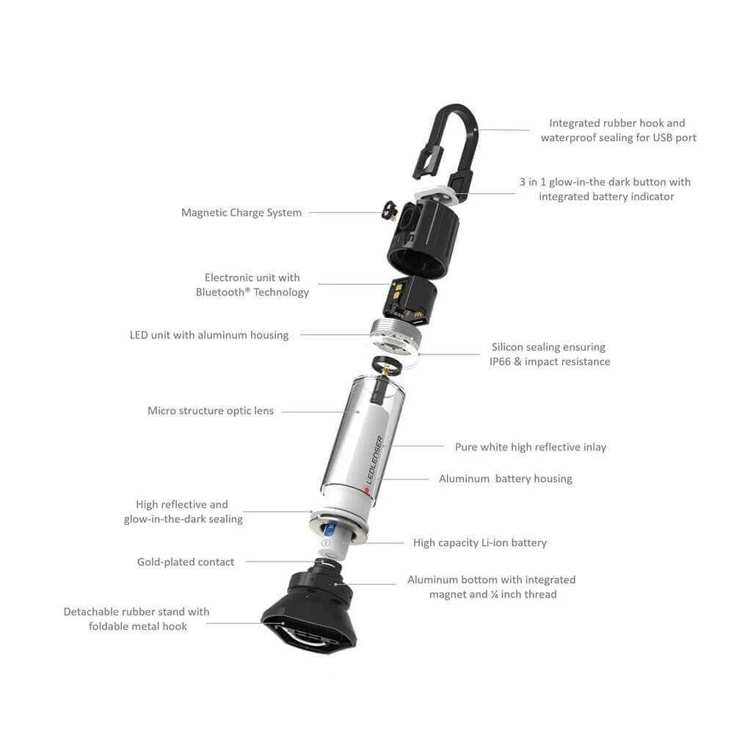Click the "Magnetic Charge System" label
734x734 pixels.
[x=241, y=213]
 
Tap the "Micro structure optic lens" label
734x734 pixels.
[x=211, y=410]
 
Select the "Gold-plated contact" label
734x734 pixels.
[x=186, y=562]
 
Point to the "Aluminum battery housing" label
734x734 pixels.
[x=506, y=479]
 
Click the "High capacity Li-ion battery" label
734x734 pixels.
[x=480, y=542]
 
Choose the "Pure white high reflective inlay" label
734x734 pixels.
[x=531, y=447]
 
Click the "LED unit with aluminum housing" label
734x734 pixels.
[x=209, y=335]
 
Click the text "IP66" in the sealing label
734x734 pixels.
[x=501, y=361]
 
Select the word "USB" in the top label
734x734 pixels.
[x=663, y=138]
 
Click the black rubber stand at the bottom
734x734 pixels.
[x=310, y=608]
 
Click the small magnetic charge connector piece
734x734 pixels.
[x=390, y=211]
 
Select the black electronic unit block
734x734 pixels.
[x=410, y=300]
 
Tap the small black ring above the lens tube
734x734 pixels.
[x=386, y=364]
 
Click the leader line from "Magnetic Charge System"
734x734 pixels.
[x=346, y=213]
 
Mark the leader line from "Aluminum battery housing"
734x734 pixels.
[x=405, y=479]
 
